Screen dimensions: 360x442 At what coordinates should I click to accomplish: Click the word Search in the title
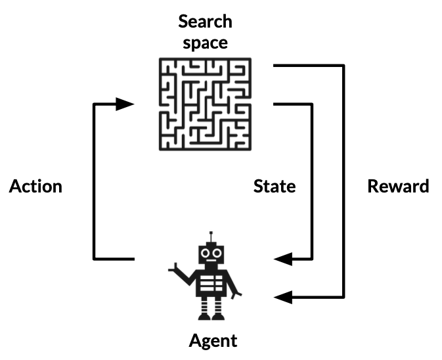pos(205,21)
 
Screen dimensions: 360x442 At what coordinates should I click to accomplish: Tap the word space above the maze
pos(205,43)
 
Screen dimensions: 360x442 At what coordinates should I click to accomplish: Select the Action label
pos(35,186)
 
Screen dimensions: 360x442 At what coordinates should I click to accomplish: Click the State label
pos(275,186)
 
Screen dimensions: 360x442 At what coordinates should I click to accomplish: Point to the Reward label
pos(398,186)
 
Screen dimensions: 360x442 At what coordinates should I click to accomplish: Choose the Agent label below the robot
pos(213,341)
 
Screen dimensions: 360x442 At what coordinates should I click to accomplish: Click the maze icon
pos(205,103)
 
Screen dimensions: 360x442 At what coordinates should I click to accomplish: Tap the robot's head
pos(211,254)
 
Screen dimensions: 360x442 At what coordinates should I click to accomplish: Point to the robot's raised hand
pos(176,269)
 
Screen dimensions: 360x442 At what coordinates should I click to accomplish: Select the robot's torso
pos(212,284)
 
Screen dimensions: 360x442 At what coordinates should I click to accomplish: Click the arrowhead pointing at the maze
pos(124,104)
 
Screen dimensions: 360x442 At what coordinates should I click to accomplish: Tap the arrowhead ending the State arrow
pos(283,259)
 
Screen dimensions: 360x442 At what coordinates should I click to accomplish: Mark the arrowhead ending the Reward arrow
pos(283,298)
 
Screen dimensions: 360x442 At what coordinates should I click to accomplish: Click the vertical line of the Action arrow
pos(95,181)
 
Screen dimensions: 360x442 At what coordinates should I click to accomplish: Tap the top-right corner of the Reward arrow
pos(343,66)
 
